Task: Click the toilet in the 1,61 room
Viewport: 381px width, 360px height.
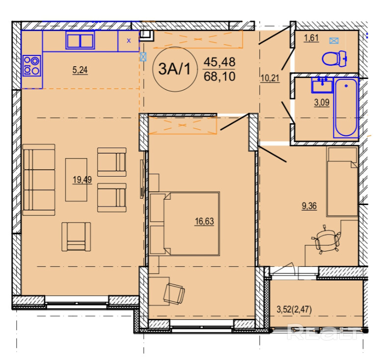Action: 334,59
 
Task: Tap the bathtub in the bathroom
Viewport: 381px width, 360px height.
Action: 346,107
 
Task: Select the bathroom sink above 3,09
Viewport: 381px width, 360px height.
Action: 322,85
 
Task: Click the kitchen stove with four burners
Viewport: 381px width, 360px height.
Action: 32,66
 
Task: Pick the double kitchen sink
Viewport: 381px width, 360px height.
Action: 80,40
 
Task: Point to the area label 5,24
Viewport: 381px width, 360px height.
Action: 80,71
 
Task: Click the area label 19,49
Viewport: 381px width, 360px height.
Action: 82,180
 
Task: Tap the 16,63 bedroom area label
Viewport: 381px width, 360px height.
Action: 204,221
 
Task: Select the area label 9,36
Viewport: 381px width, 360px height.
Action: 309,206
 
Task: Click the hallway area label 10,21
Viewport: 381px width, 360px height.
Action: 270,78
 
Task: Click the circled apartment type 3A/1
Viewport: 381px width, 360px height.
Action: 175,69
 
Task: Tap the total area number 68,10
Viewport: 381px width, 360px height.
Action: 219,77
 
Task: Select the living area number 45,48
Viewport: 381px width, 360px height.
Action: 219,62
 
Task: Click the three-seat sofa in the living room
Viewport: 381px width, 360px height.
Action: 39,180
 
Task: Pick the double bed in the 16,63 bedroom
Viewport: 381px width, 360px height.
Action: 185,224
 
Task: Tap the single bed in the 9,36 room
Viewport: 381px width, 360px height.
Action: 342,181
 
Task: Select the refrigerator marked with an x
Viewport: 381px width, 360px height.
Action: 129,41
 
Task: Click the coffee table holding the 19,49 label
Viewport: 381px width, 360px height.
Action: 76,180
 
